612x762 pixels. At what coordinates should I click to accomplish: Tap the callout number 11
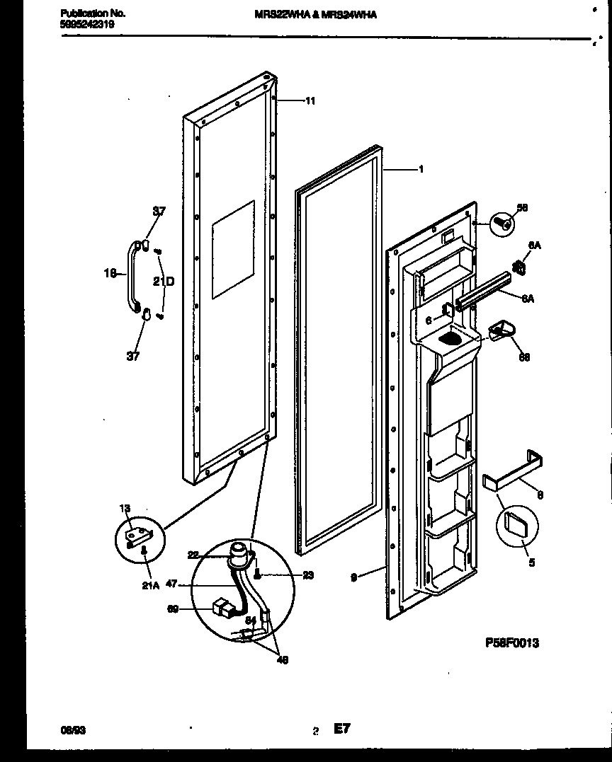coord(310,101)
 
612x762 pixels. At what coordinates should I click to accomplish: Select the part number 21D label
coord(164,282)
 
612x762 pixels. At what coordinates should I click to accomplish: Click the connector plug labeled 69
coord(223,608)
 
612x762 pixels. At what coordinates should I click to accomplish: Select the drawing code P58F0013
coord(511,642)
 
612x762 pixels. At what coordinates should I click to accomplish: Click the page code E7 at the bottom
coord(342,729)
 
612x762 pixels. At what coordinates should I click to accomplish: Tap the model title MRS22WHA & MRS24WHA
coord(314,13)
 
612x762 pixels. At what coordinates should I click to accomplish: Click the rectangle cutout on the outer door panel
coord(233,249)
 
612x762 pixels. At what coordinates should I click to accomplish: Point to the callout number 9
coord(353,577)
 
